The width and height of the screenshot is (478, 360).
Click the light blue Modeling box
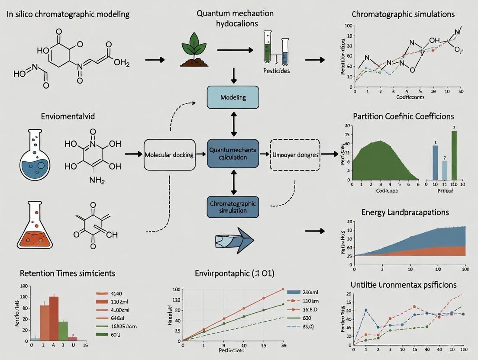coord(233,97)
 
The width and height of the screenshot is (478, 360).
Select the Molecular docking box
coord(168,154)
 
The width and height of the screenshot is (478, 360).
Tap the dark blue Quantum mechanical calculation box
coord(233,154)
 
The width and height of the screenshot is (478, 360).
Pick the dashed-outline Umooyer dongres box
coord(295,154)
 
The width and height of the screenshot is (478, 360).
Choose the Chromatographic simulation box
coord(233,206)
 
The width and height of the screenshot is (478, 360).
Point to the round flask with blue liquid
coord(35,156)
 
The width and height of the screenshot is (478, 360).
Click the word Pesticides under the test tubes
coord(276,71)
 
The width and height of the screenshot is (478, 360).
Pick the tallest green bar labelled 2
coord(454,155)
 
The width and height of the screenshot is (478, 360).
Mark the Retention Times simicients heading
coord(68,273)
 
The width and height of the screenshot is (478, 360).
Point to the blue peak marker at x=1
coord(366,310)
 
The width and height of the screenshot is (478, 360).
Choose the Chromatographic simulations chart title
coord(403,14)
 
